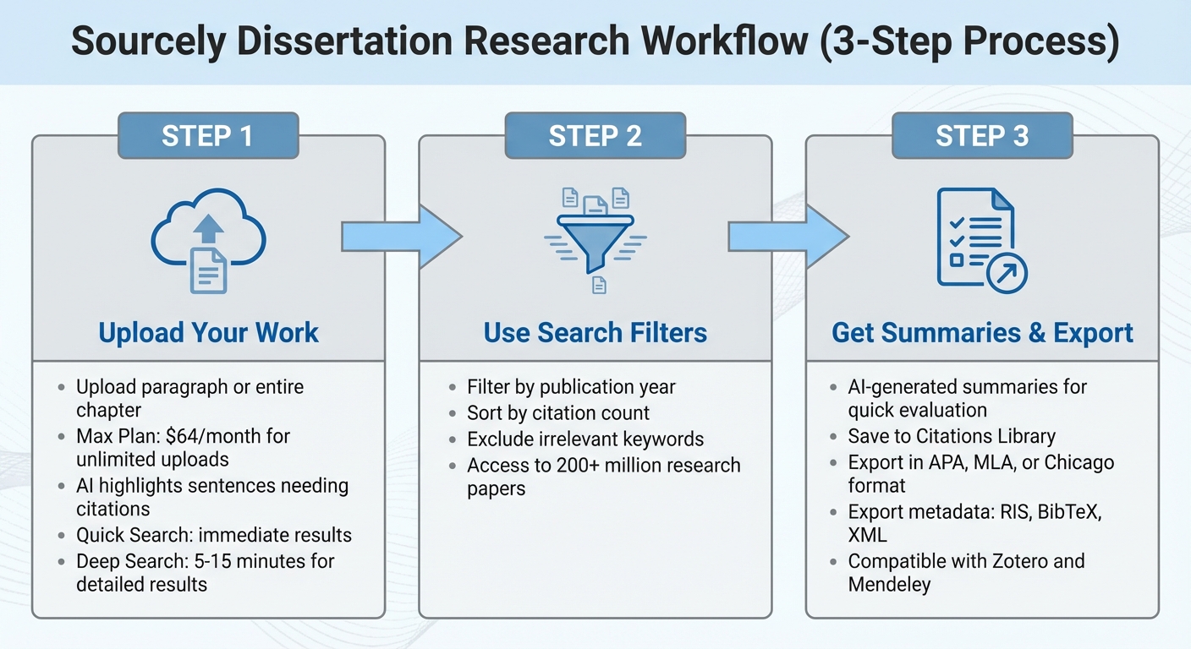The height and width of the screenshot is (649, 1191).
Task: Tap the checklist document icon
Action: [x=981, y=241]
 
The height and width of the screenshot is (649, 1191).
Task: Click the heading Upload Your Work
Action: [x=208, y=332]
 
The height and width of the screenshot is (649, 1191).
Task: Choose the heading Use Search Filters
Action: [x=595, y=332]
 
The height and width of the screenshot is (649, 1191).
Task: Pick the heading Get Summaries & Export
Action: [x=982, y=332]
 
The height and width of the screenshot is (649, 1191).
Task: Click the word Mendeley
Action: [x=889, y=585]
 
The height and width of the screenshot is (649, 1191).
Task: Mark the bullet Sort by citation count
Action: [x=558, y=413]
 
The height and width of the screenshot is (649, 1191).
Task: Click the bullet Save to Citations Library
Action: [x=952, y=436]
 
